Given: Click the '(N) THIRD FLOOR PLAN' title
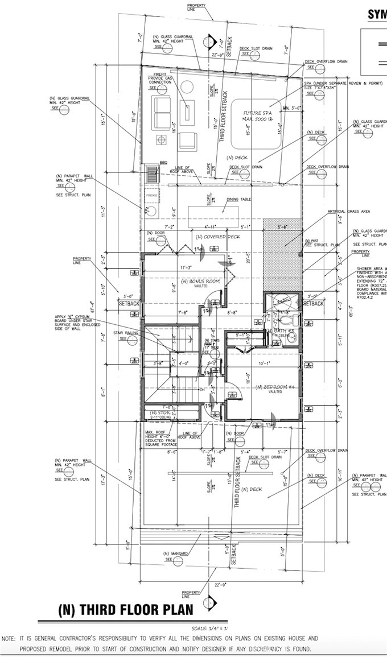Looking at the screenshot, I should click(x=126, y=609).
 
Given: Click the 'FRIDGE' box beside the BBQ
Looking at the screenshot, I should click(x=151, y=196).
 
